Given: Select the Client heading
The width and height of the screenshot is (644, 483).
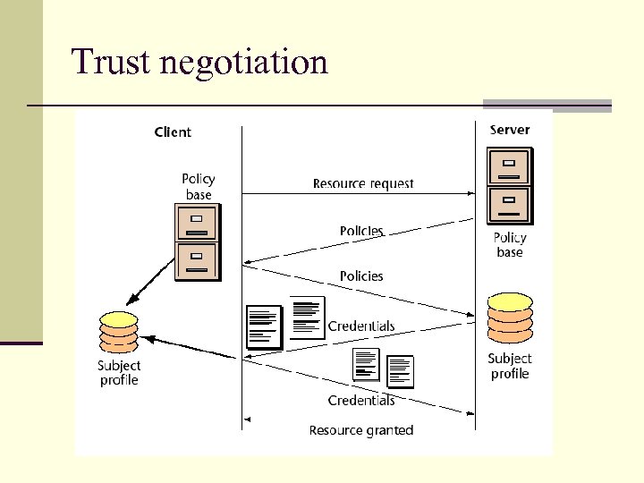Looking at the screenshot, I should pyautogui.click(x=173, y=132).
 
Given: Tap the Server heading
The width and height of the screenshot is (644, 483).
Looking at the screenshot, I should pyautogui.click(x=509, y=130).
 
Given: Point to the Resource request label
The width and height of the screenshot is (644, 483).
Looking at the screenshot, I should pyautogui.click(x=363, y=183).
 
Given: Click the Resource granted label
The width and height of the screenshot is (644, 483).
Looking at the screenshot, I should pyautogui.click(x=361, y=430).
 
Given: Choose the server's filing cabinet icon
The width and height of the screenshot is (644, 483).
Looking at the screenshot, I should pyautogui.click(x=509, y=186).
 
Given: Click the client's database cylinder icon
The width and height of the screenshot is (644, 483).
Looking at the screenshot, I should pyautogui.click(x=119, y=334).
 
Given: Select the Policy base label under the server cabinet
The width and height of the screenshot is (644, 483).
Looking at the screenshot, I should pyautogui.click(x=510, y=245).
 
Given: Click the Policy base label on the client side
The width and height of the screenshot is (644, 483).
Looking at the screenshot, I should pyautogui.click(x=199, y=187).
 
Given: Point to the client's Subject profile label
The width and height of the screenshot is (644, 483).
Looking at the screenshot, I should pyautogui.click(x=119, y=373).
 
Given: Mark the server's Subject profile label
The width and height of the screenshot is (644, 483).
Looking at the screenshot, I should pyautogui.click(x=510, y=366).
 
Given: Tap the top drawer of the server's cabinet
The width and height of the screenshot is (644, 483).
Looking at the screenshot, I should pyautogui.click(x=509, y=167).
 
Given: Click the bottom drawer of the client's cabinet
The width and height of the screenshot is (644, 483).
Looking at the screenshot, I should pyautogui.click(x=198, y=262).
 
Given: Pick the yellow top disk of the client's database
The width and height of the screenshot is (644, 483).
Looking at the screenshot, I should pyautogui.click(x=119, y=319).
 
